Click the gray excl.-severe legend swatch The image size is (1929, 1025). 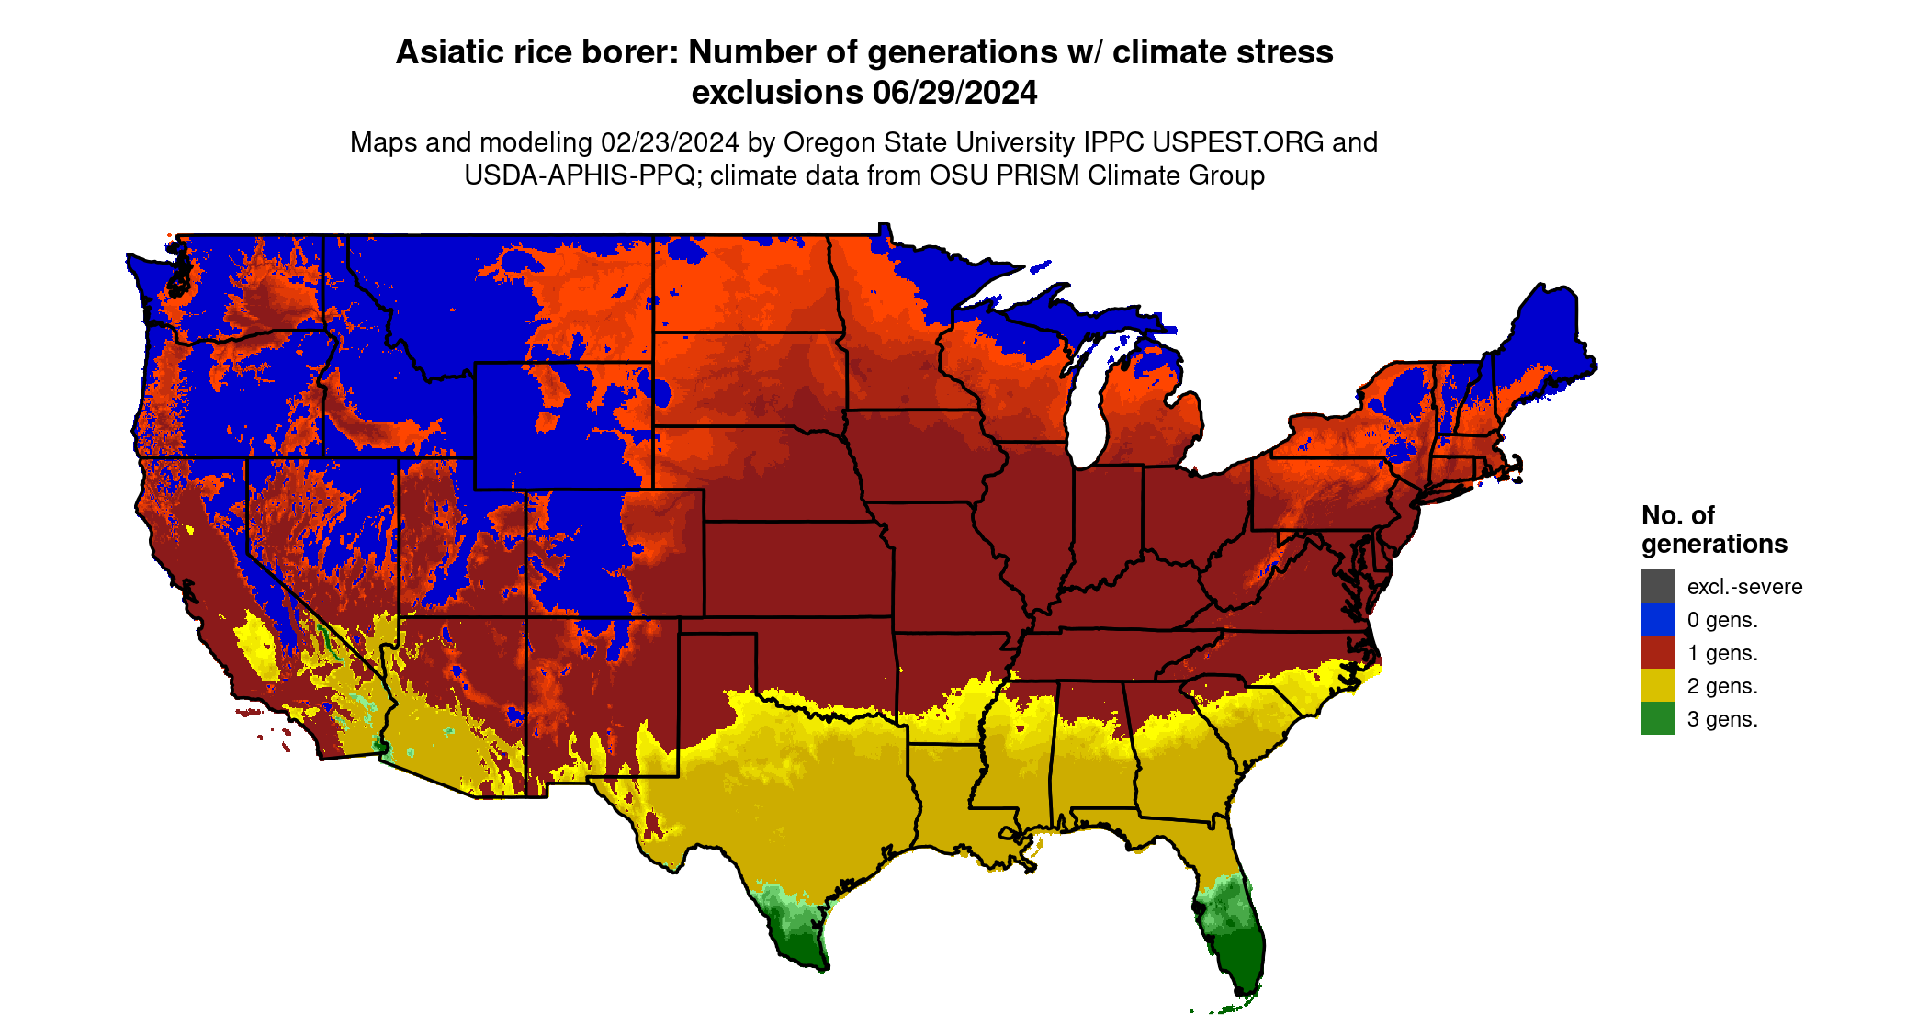(x=1657, y=586)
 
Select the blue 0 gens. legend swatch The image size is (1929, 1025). (x=1657, y=619)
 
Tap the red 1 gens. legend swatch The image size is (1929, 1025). (x=1657, y=652)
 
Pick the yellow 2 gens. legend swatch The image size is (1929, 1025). (x=1657, y=685)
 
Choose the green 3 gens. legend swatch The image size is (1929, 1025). (x=1657, y=718)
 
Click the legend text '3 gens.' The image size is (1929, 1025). (x=1722, y=719)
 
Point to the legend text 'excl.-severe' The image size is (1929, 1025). (x=1744, y=587)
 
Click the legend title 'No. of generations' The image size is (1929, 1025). (x=1714, y=529)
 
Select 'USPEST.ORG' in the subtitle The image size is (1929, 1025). (x=1238, y=142)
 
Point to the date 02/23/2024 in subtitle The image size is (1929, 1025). (x=670, y=142)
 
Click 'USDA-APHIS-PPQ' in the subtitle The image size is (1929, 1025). (x=579, y=175)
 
